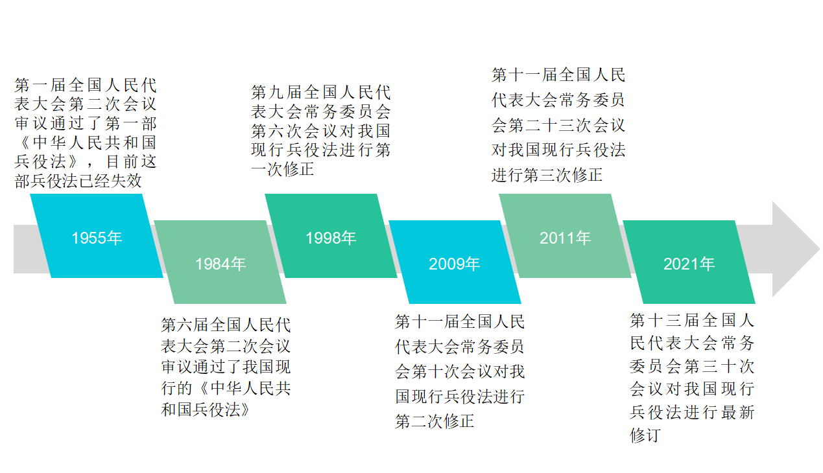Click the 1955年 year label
coord(97,238)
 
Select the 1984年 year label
coord(221,264)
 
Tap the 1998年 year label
coord(331,238)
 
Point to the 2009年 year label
coord(455,264)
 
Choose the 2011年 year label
coord(565,238)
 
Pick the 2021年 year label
coord(689,264)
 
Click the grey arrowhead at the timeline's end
coord(796,249)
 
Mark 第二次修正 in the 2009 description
coord(435,421)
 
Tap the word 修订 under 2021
coord(645,435)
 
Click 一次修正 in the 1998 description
coord(283,169)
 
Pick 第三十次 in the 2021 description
coord(719,367)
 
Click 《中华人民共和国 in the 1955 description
coord(86,143)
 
